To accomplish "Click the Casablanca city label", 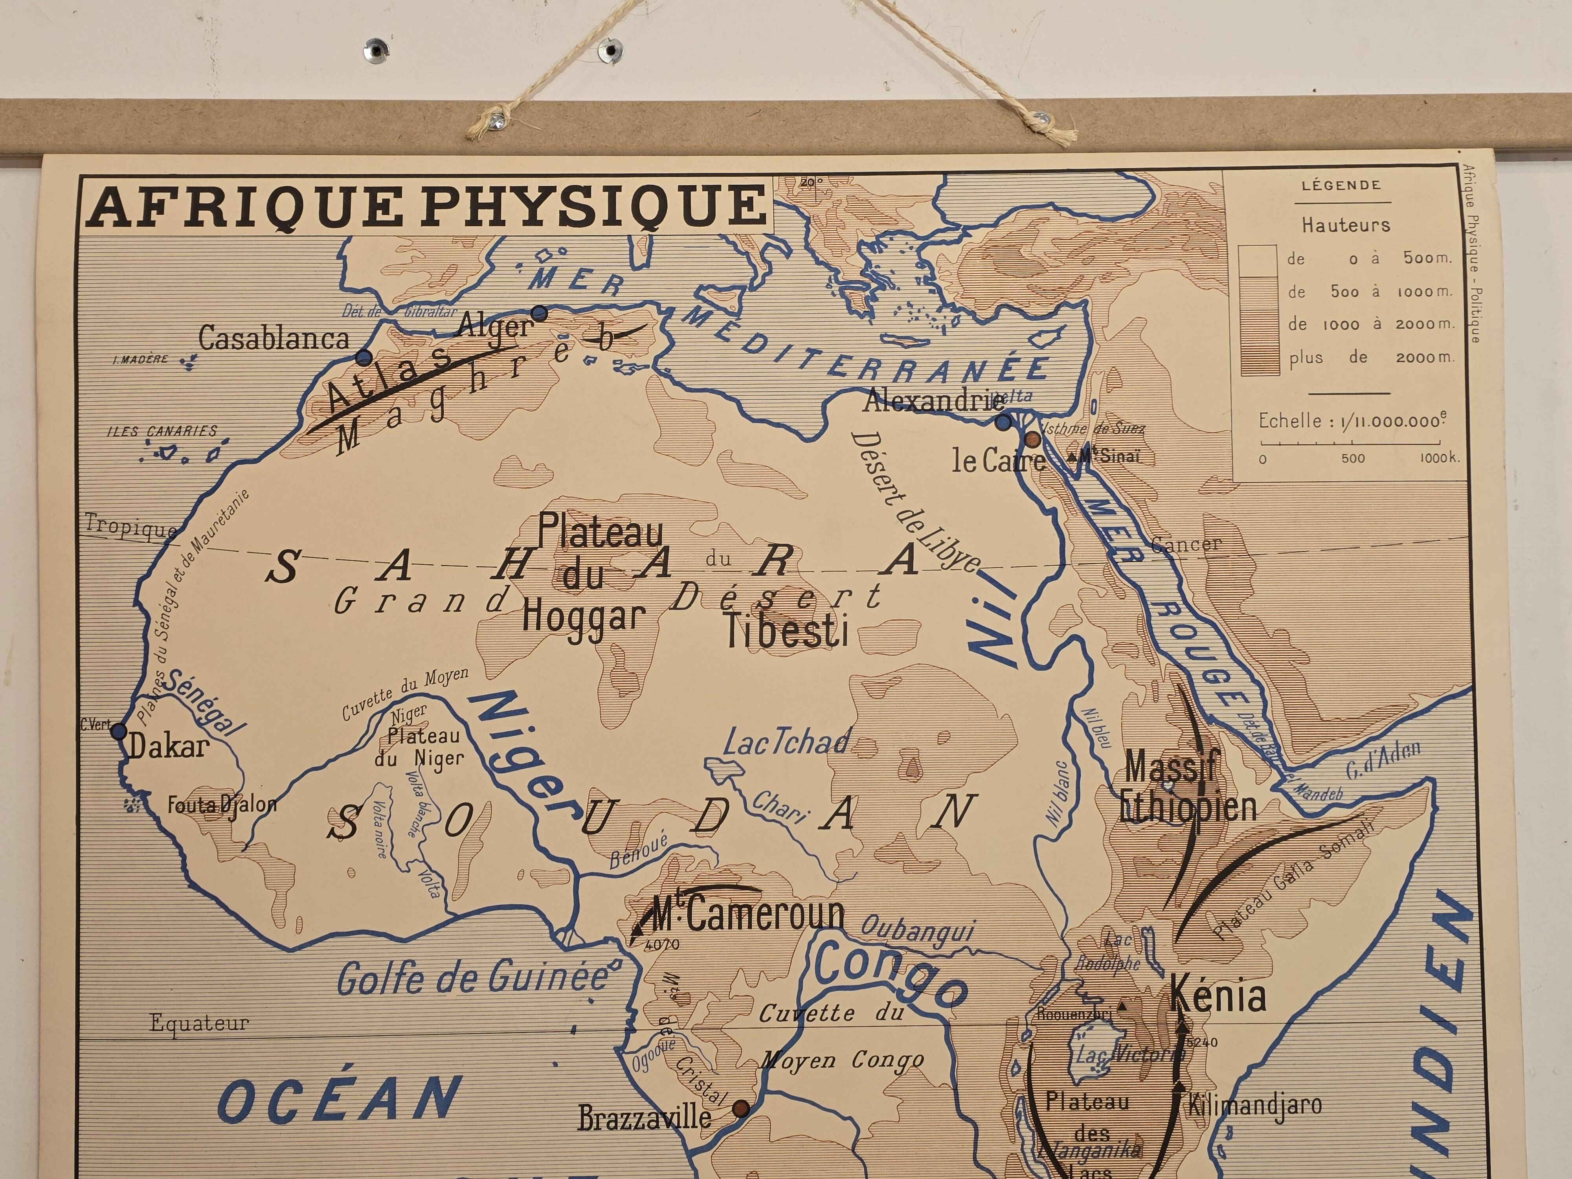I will [274, 338].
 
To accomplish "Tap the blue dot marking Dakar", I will [119, 731].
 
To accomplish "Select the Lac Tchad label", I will [787, 743].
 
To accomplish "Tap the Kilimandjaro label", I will [1255, 1105].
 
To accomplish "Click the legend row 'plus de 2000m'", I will [1370, 358].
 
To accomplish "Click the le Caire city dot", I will [1032, 440].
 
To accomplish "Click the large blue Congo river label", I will [890, 972].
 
